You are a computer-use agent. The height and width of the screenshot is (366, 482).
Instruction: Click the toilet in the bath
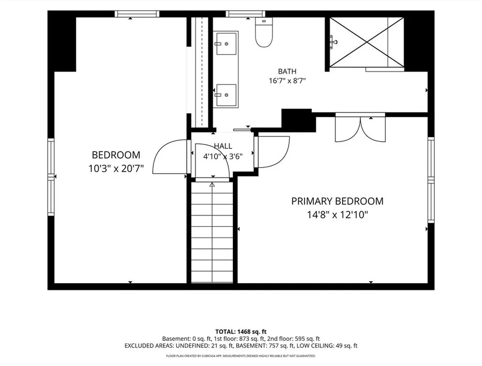click(x=264, y=32)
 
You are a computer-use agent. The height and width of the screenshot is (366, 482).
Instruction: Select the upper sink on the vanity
click(x=226, y=43)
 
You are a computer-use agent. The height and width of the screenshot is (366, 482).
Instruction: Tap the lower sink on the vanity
click(x=226, y=95)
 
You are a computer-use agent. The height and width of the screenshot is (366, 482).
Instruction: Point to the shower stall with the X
click(x=366, y=42)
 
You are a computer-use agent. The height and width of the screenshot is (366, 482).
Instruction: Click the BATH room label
click(x=287, y=71)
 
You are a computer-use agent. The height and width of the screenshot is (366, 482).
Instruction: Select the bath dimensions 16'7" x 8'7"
click(x=287, y=81)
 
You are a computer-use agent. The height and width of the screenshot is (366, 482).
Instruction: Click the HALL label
click(x=223, y=146)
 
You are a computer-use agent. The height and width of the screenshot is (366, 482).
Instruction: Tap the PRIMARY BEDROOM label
click(x=337, y=201)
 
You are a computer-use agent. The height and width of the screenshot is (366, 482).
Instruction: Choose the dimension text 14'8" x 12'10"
click(x=337, y=215)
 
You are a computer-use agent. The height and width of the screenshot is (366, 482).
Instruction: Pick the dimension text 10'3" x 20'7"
click(x=116, y=168)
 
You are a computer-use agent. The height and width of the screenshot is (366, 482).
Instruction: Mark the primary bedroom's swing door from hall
click(x=272, y=152)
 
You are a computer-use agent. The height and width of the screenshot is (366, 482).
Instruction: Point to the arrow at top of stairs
click(x=212, y=185)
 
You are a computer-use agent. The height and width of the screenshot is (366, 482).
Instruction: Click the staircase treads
click(x=212, y=232)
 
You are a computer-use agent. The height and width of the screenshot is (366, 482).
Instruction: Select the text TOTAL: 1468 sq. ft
click(x=240, y=332)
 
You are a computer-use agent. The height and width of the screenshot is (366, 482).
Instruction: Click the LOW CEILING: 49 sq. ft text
click(x=327, y=346)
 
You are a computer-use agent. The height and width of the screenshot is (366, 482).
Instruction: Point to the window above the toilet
click(x=245, y=14)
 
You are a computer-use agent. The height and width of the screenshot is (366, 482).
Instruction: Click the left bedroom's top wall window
click(x=137, y=14)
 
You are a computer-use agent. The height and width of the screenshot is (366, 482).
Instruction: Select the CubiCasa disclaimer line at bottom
click(x=240, y=356)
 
